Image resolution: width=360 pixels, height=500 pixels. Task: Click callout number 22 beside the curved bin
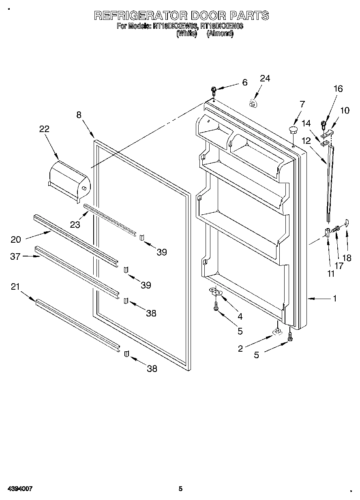tap(44, 129)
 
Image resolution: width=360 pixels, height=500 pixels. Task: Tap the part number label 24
tap(265, 78)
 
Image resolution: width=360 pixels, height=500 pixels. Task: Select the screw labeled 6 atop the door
tap(214, 90)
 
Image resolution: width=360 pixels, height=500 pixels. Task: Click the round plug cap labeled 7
tap(293, 130)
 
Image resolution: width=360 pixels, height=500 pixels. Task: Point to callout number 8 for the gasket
tap(79, 115)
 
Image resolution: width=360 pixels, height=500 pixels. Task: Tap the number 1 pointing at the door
tap(334, 299)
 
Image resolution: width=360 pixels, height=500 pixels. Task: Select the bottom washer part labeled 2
tap(277, 332)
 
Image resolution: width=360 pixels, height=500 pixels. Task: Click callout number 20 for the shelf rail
tap(16, 239)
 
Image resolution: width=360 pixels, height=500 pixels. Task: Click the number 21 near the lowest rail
tap(16, 287)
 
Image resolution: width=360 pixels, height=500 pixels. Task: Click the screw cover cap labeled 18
tap(346, 222)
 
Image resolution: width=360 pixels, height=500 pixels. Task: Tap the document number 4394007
tap(19, 489)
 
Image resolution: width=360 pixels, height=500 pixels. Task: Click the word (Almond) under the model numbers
tap(220, 34)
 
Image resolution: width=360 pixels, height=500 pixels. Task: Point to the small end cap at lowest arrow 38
tap(126, 354)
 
